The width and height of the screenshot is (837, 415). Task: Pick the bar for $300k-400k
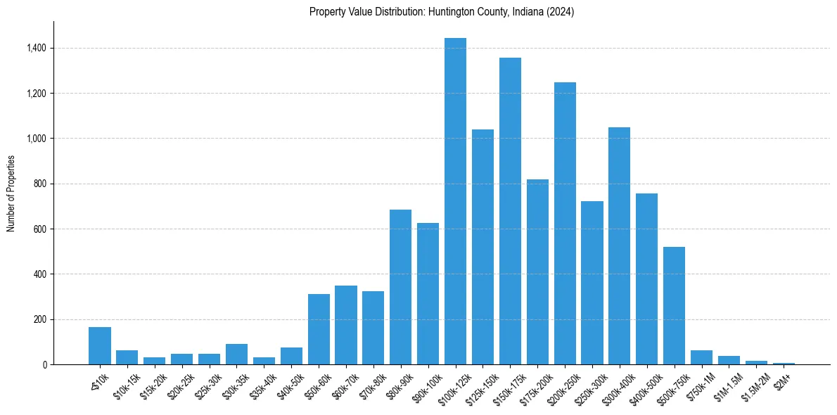click(619, 246)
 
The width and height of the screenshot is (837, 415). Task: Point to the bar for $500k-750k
click(674, 305)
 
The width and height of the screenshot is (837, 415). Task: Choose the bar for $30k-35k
click(236, 354)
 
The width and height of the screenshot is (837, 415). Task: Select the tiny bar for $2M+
click(784, 363)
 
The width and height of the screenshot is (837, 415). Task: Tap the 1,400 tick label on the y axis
click(37, 48)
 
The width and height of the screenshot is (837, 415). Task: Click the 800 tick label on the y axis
click(40, 184)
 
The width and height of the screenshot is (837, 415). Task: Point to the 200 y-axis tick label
click(40, 319)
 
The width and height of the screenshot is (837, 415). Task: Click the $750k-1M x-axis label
click(701, 383)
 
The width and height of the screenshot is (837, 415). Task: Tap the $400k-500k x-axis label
click(646, 384)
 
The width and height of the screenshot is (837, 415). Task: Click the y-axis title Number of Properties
click(11, 193)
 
